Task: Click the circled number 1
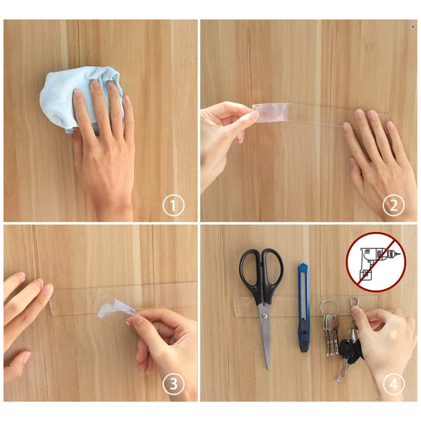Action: point(174,205)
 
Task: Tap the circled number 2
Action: point(394,205)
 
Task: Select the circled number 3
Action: point(174,384)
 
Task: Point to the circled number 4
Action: point(394,384)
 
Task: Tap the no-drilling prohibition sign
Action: point(376,262)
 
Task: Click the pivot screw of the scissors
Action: point(265,316)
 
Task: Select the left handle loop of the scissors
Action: point(250,271)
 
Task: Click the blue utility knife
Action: point(303,308)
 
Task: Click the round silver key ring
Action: point(329,307)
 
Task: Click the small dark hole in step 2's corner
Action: point(412,27)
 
